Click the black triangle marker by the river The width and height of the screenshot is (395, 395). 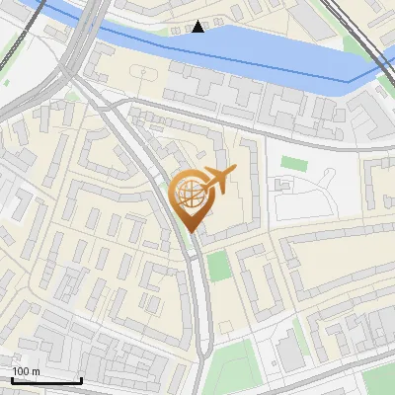click(199, 27)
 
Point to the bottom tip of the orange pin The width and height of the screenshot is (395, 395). click(192, 233)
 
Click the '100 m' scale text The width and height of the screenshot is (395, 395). click(27, 371)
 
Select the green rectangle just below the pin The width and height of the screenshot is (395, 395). click(219, 265)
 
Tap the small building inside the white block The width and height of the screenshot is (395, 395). click(281, 185)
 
